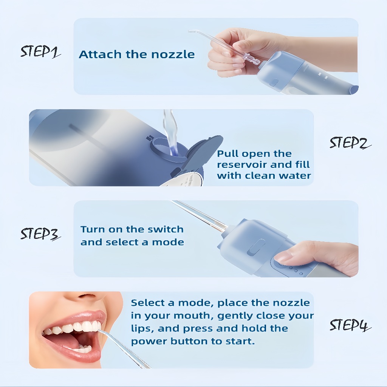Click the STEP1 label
(40, 51)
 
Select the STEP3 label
(40, 234)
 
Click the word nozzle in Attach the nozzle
(173, 54)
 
